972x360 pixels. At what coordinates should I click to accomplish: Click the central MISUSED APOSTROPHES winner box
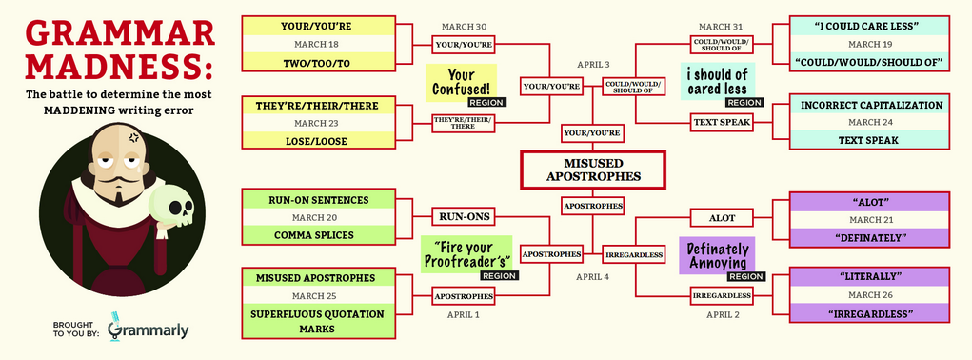point(592,170)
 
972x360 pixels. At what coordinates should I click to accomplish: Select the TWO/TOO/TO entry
point(318,63)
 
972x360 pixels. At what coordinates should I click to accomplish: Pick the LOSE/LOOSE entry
point(318,141)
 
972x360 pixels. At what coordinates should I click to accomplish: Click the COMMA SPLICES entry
point(318,235)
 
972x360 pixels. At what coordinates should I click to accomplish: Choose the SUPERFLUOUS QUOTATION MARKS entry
point(318,321)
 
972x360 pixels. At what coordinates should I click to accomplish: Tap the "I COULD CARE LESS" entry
point(869,26)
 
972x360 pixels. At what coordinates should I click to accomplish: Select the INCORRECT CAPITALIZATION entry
point(869,105)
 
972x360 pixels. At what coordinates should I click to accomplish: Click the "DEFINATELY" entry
point(869,237)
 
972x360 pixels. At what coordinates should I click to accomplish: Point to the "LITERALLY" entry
point(869,276)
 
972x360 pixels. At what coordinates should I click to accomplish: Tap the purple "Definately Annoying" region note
point(717,255)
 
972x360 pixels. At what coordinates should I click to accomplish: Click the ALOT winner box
point(722,217)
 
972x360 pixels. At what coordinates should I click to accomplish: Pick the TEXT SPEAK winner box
point(722,122)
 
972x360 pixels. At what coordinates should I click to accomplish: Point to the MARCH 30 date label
point(464,27)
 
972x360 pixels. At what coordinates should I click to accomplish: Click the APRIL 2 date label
point(723,315)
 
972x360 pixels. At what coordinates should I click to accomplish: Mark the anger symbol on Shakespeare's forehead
point(132,137)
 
